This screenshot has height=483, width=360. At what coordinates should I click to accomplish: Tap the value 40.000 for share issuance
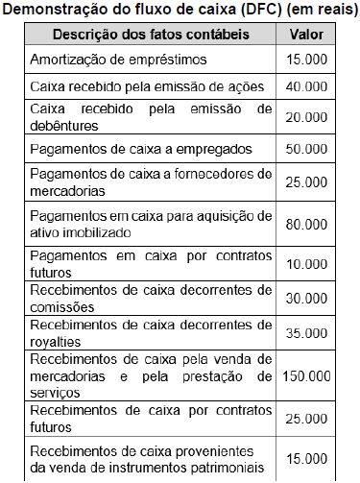[x=306, y=86]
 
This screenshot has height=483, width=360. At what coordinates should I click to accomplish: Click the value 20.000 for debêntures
[x=306, y=116]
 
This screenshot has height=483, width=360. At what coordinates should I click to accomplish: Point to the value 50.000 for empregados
[x=306, y=149]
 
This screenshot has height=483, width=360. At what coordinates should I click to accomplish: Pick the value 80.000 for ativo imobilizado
[x=306, y=224]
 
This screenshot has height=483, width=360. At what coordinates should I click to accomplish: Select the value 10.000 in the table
[x=306, y=264]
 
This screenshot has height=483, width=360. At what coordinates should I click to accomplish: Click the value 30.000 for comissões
[x=306, y=299]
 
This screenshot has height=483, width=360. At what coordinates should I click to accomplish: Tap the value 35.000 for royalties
[x=306, y=333]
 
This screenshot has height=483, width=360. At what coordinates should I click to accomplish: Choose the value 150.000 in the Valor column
[x=306, y=374]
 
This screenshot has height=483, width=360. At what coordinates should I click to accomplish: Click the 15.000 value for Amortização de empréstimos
[x=306, y=59]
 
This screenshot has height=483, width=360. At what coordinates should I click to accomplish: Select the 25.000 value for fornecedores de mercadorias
[x=306, y=181]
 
